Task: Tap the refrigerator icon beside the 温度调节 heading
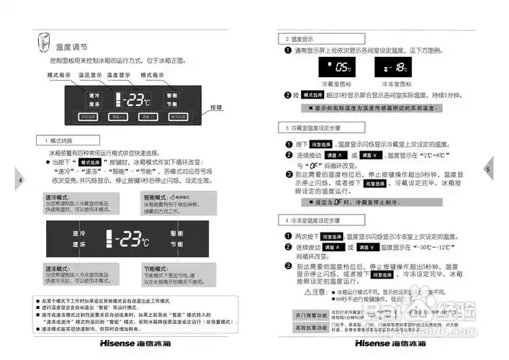click(45, 42)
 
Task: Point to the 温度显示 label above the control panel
click(119, 75)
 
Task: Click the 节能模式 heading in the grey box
click(157, 268)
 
